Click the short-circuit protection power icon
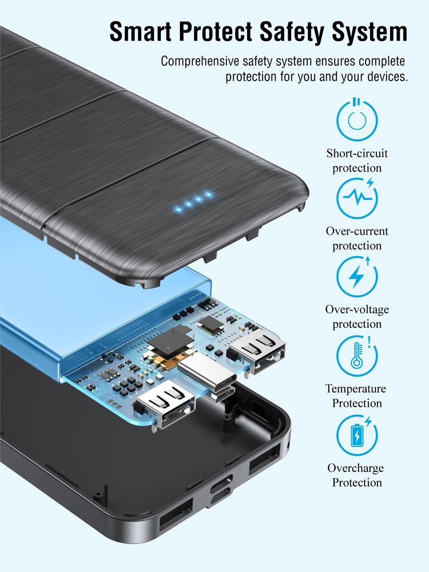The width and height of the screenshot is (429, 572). [x=357, y=119]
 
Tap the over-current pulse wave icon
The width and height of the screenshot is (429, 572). [x=357, y=198]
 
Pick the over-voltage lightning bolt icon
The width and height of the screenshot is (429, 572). [x=357, y=276]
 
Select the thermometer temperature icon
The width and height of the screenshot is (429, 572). [x=357, y=355]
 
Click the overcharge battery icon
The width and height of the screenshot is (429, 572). [x=357, y=435]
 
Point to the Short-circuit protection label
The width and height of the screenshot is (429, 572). [x=357, y=161]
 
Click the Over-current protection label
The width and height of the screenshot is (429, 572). [x=357, y=238]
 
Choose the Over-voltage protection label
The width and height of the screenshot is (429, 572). [x=357, y=317]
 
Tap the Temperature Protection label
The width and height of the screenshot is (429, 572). [x=356, y=396]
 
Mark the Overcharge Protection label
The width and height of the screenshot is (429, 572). [x=356, y=475]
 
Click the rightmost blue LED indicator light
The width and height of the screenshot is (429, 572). [x=209, y=194]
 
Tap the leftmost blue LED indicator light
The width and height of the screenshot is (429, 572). [x=178, y=209]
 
